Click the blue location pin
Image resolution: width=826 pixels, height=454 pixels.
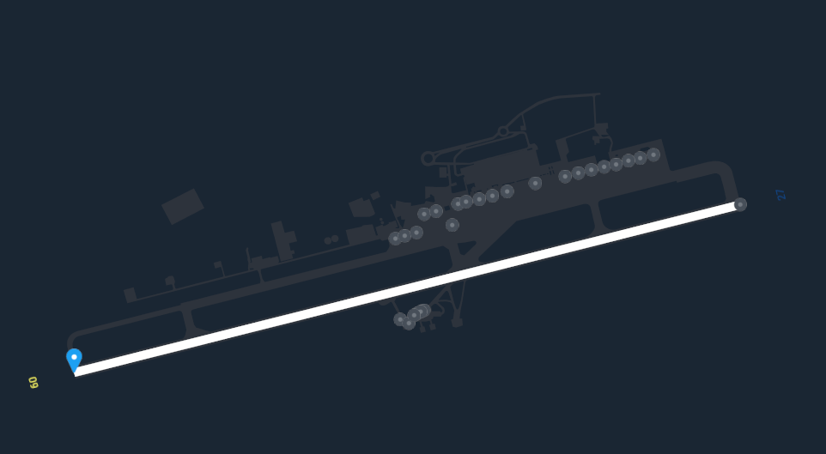click(x=75, y=360)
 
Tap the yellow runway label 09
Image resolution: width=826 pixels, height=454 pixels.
click(x=33, y=383)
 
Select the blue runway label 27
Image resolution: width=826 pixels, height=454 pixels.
click(x=780, y=194)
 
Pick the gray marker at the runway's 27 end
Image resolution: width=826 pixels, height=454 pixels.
click(x=740, y=204)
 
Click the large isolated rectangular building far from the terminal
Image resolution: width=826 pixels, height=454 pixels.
click(x=183, y=207)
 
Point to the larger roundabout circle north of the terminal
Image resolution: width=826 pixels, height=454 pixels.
click(x=428, y=158)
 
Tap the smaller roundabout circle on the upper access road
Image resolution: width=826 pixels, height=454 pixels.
click(x=503, y=131)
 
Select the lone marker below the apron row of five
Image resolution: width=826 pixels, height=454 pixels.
click(x=452, y=225)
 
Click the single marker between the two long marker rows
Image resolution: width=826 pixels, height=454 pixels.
click(x=535, y=184)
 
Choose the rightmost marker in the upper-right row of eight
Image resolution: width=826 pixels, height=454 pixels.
click(x=653, y=154)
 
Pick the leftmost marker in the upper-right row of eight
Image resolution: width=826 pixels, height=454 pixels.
click(x=565, y=177)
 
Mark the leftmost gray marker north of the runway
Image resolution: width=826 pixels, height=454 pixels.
click(x=395, y=239)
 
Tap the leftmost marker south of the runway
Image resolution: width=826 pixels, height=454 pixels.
click(x=400, y=319)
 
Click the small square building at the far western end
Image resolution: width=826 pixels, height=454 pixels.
click(x=131, y=295)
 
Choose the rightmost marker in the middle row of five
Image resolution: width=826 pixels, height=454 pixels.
click(x=507, y=191)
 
